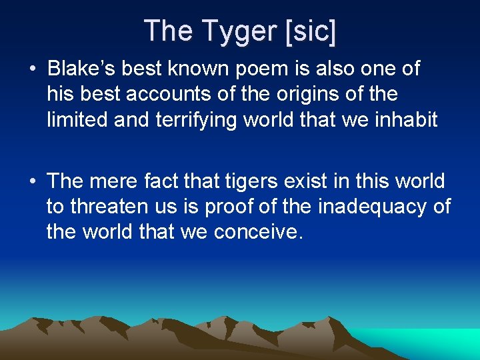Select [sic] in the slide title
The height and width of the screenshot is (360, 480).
click(x=311, y=31)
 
